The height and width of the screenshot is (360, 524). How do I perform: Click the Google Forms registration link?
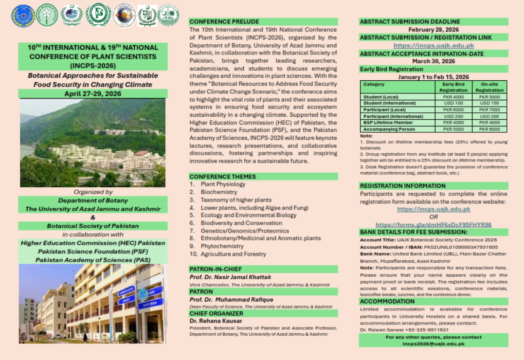click(x=434, y=225)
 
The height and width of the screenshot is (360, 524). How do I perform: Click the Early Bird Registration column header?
click(x=453, y=87)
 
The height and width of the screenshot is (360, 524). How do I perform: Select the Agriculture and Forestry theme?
click(x=234, y=254)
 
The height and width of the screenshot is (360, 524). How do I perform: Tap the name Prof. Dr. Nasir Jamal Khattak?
click(x=231, y=277)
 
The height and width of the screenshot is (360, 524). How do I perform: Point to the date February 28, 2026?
click(x=434, y=30)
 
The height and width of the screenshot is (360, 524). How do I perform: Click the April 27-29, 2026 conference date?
click(x=92, y=94)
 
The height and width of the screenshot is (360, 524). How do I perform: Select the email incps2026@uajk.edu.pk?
click(x=434, y=343)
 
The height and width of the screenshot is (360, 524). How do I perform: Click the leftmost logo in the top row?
click(x=23, y=16)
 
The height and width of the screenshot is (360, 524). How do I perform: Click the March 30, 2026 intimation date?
click(x=434, y=61)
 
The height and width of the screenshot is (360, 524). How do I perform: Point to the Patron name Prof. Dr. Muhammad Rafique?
click(x=231, y=300)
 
